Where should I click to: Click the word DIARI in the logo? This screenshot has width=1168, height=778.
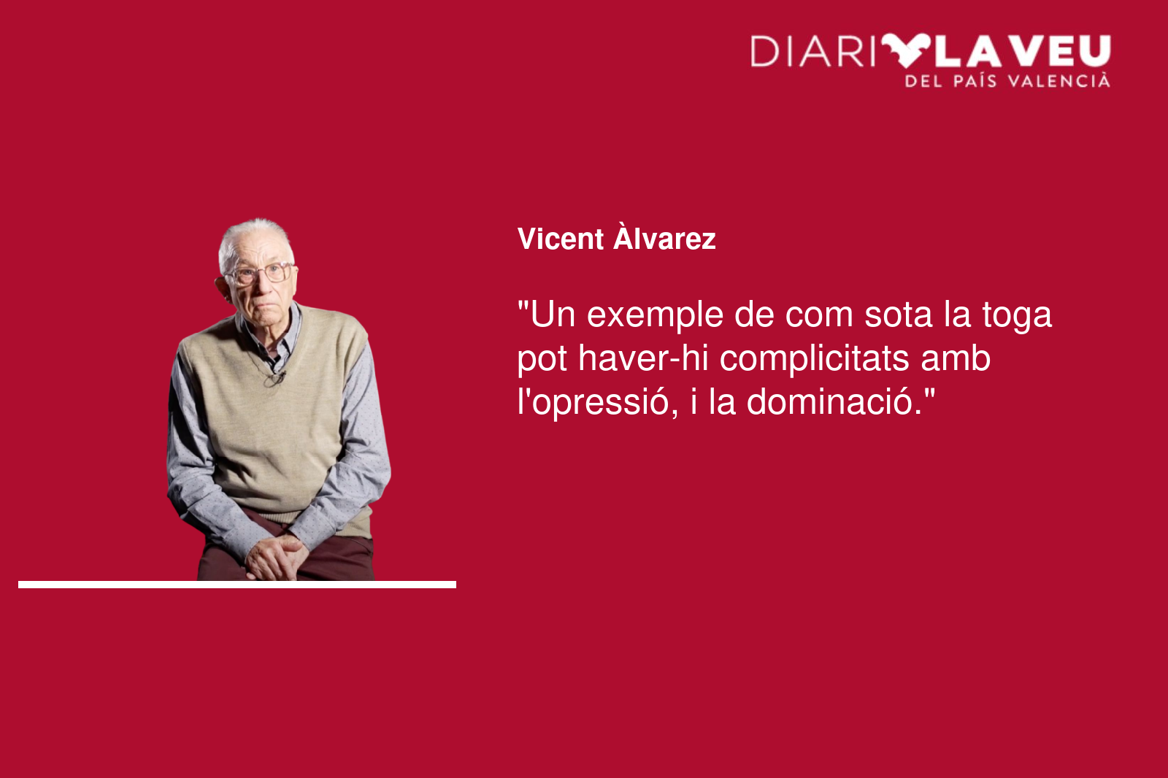pyautogui.click(x=813, y=51)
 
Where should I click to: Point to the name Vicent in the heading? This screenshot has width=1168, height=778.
pyautogui.click(x=561, y=239)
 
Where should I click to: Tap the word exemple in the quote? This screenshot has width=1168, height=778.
pyautogui.click(x=655, y=316)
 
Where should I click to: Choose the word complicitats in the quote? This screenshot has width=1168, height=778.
pyautogui.click(x=815, y=360)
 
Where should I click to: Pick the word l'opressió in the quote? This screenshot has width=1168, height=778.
pyautogui.click(x=598, y=403)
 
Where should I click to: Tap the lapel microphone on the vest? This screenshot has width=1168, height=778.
pyautogui.click(x=280, y=375)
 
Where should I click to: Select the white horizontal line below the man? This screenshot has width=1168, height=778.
pyautogui.click(x=237, y=585)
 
